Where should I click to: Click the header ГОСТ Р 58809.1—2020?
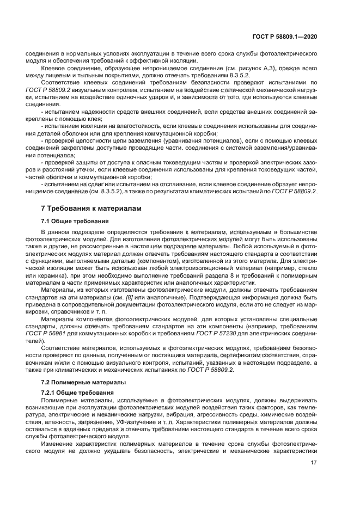[285, 36]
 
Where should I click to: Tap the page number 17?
[313, 462]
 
